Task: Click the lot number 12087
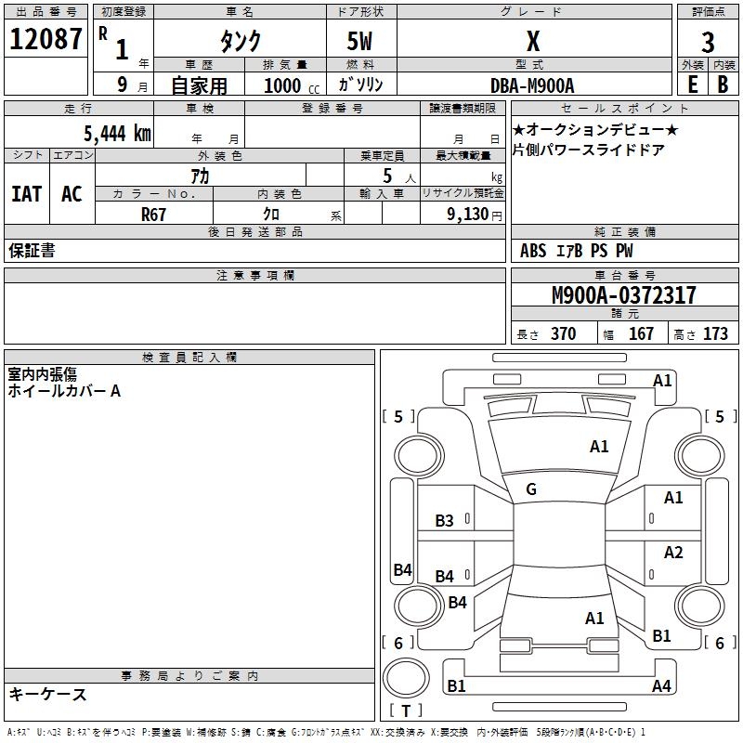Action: [x=46, y=39]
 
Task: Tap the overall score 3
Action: [x=708, y=43]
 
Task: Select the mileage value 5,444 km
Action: [x=117, y=133]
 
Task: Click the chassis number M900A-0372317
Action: [x=624, y=294]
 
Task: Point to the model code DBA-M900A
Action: [x=532, y=85]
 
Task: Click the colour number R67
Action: [x=153, y=215]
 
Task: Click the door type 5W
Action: [x=359, y=41]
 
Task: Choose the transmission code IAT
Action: [x=27, y=194]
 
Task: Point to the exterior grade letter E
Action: [x=692, y=85]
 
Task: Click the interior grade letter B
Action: [x=723, y=85]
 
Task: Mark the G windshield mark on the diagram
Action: [x=531, y=489]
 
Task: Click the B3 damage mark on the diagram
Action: [x=445, y=521]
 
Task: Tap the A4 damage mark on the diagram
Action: [x=661, y=685]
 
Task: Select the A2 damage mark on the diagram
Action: [x=673, y=552]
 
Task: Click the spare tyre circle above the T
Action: [x=406, y=678]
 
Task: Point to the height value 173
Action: [x=715, y=333]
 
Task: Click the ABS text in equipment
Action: [x=533, y=251]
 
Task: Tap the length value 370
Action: [x=564, y=333]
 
